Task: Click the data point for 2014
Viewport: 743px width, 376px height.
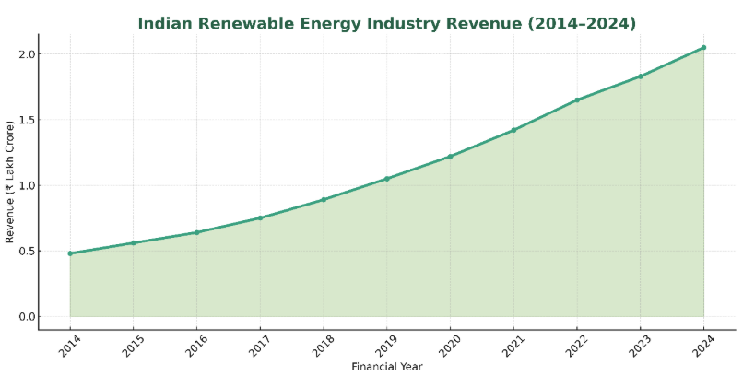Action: point(70,253)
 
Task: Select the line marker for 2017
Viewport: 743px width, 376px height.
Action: point(260,217)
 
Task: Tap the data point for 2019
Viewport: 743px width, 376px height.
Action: point(387,179)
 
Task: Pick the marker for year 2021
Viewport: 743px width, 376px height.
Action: point(513,130)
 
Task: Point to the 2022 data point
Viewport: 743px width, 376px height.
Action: point(577,100)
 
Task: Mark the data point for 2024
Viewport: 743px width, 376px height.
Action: point(703,47)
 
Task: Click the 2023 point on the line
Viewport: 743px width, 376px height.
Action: point(641,76)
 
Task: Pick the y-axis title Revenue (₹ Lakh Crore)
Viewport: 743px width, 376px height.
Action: point(10,182)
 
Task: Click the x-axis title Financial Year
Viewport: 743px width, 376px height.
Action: point(387,367)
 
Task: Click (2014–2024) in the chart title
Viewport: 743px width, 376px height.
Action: point(578,24)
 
